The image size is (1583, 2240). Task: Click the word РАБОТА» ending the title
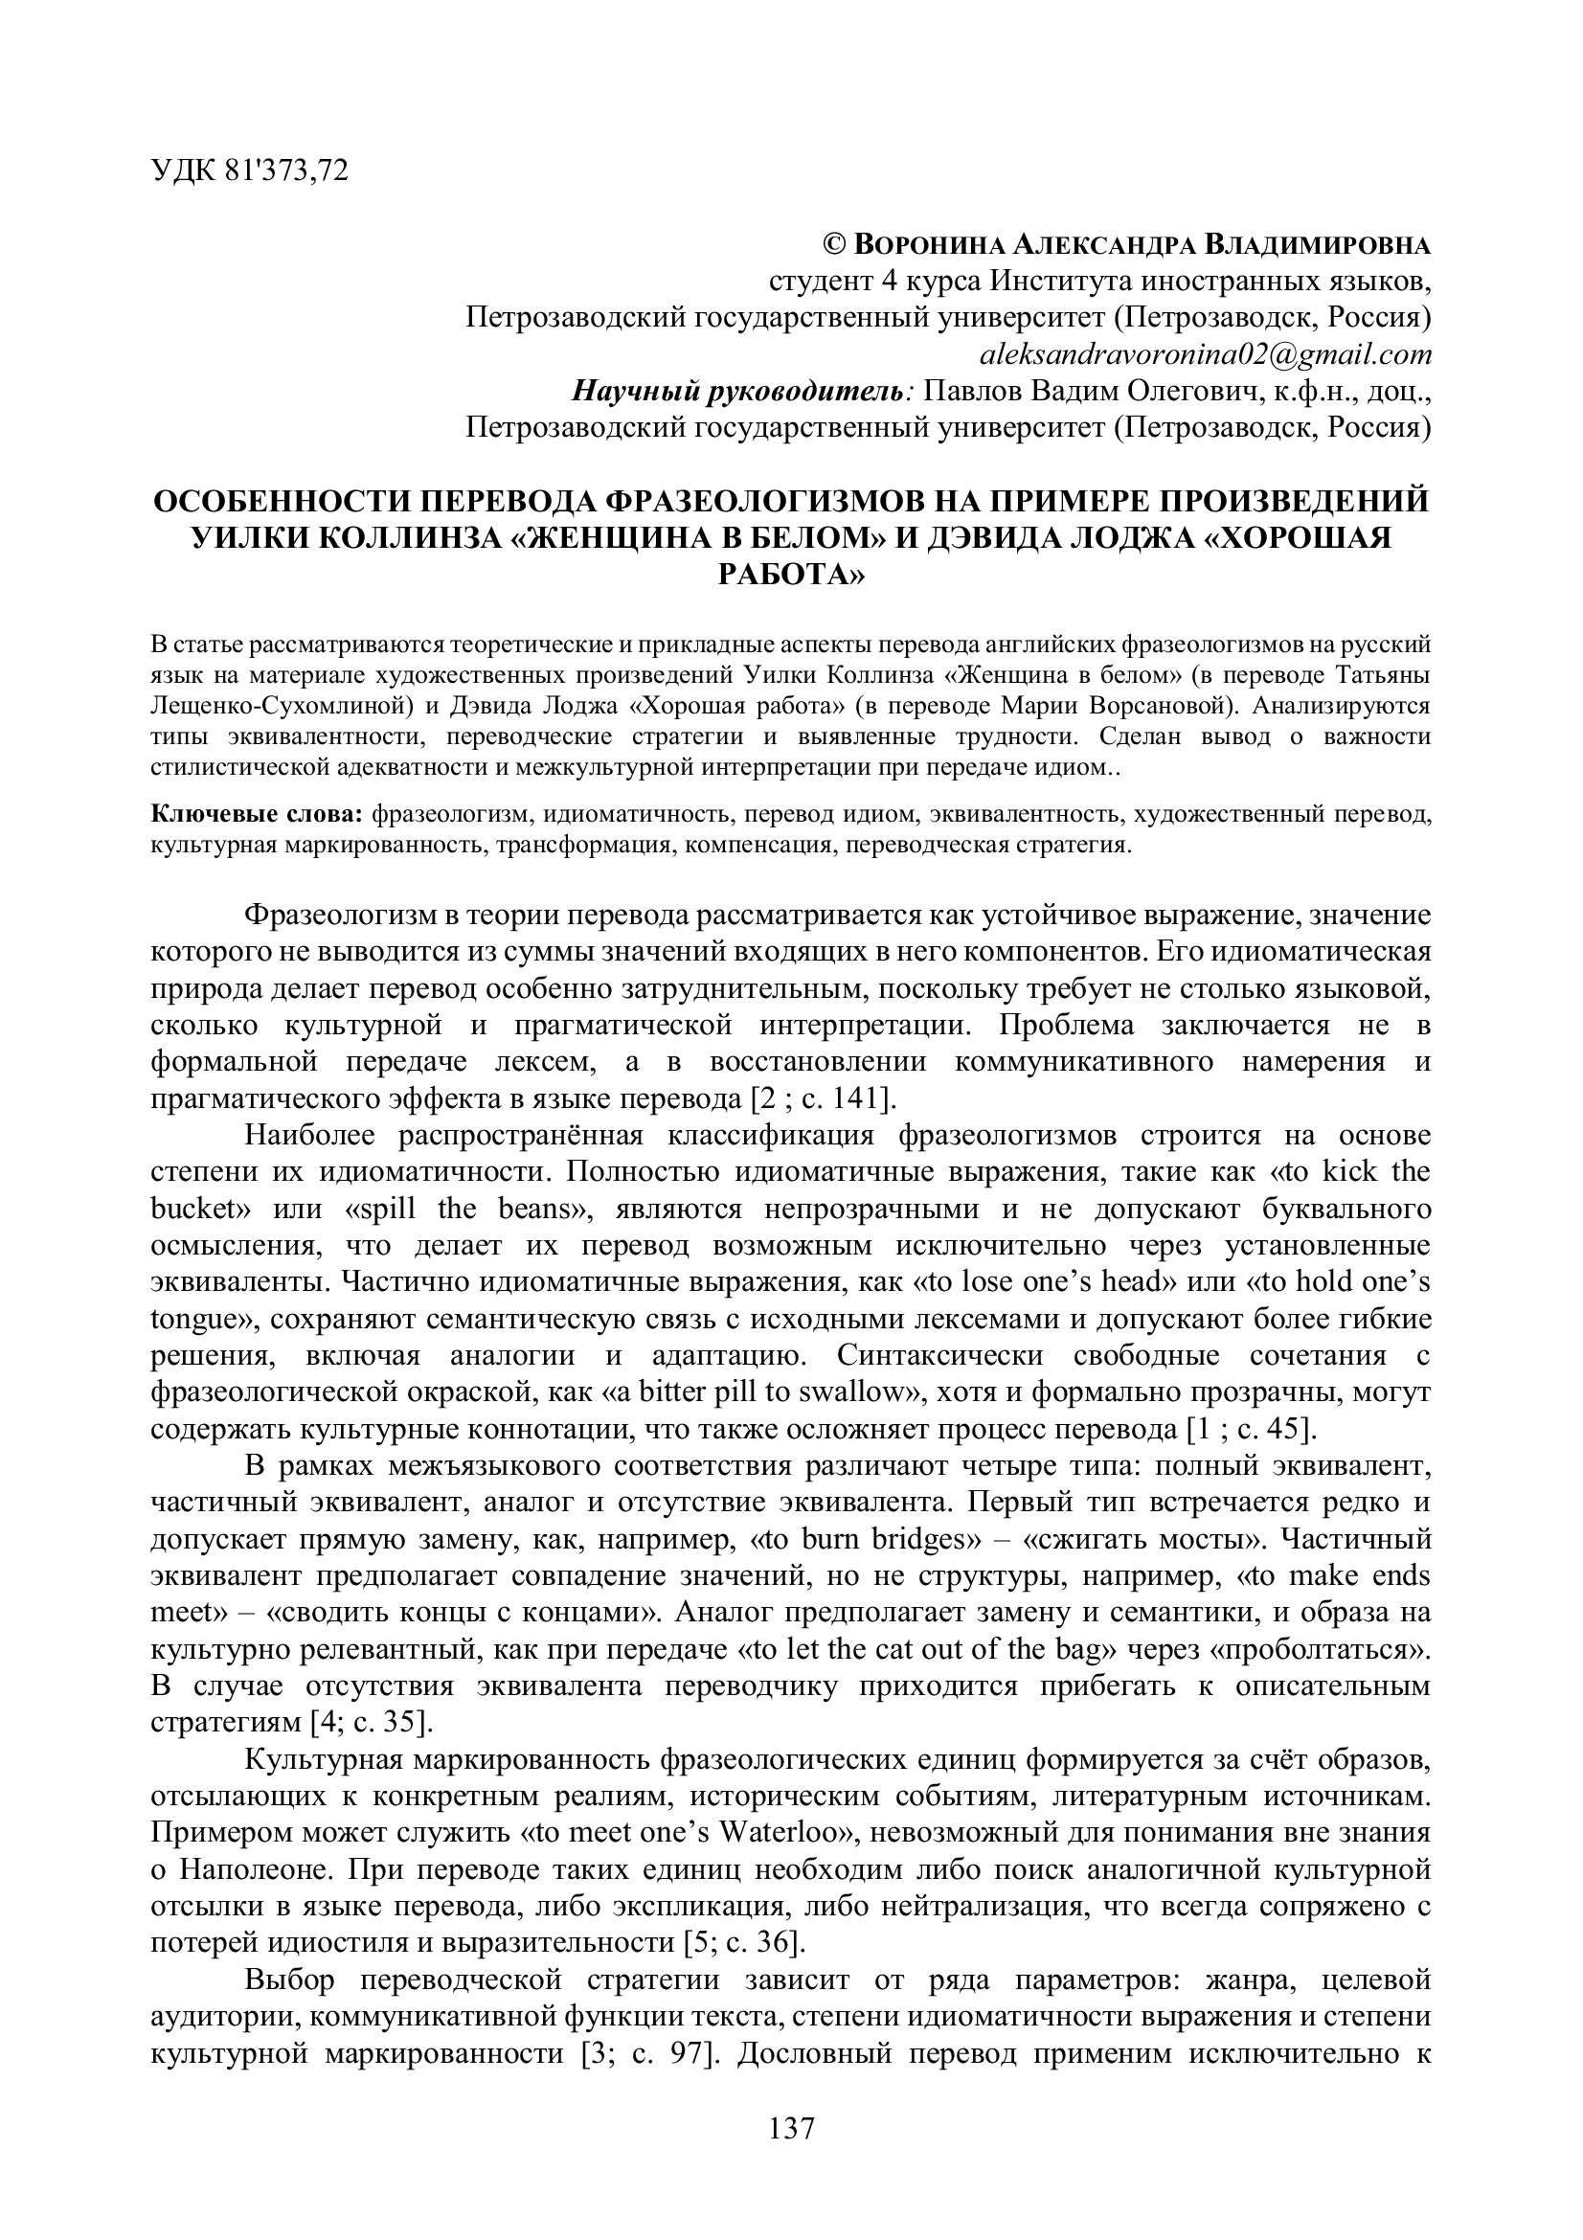pyautogui.click(x=791, y=575)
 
